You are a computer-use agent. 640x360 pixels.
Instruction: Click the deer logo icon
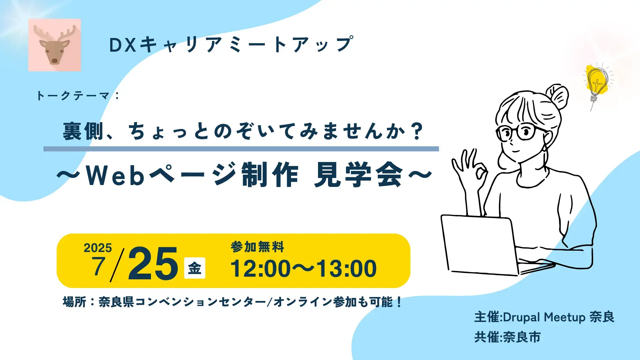pos(55,45)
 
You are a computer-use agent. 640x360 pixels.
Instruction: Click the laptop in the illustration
pos(480,245)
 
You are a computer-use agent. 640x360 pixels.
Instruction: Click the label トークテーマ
pos(73,96)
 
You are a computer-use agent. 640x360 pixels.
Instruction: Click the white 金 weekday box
pos(195,268)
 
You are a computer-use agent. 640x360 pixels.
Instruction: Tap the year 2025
pos(98,248)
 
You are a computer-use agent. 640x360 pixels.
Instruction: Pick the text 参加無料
pos(257,247)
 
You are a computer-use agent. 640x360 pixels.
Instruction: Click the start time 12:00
pos(261,269)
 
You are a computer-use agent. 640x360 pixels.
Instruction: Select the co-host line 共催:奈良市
pos(507,337)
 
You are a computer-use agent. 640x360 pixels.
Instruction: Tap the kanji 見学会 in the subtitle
pos(358,175)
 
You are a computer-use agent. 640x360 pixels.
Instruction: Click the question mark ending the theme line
pos(417,131)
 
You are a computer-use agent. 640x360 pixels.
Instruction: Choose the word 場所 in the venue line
pos(75,302)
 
